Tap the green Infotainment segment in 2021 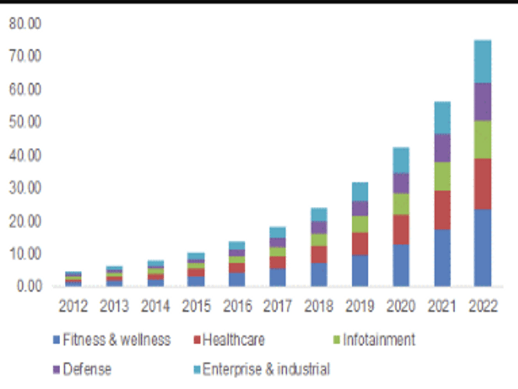click(x=442, y=176)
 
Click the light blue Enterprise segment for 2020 click(x=401, y=160)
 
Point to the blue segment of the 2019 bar click(x=360, y=270)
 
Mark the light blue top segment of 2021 click(x=442, y=117)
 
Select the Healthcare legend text click(x=233, y=340)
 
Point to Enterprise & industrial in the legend click(x=266, y=370)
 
